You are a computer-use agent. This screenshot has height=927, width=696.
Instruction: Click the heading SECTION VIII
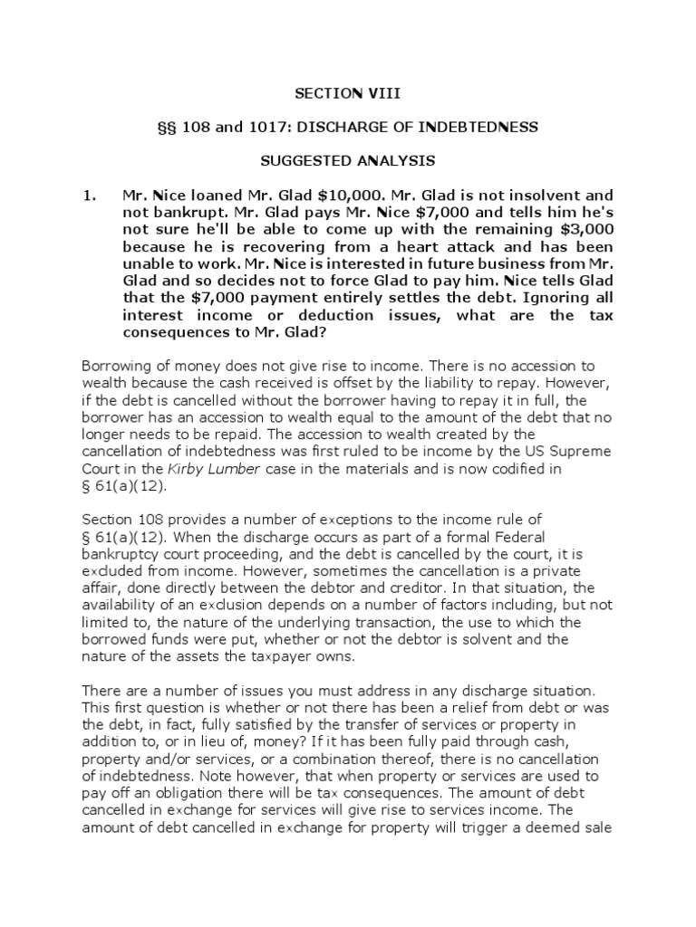(347, 93)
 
